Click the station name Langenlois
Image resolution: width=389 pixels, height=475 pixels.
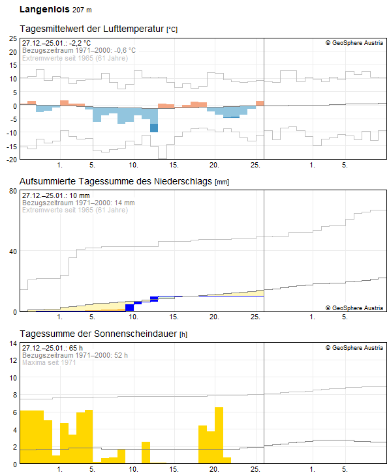44,10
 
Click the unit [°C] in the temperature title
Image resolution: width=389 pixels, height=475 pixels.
172,30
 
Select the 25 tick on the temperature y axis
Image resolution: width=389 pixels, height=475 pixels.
12,38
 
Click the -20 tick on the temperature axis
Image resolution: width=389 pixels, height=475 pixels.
11,160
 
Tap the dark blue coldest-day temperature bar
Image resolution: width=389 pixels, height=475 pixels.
154,128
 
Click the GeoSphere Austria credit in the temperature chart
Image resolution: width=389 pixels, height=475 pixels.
354,43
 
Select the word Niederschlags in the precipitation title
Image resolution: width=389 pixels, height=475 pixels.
185,181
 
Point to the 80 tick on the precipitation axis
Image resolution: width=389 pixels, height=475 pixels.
12,191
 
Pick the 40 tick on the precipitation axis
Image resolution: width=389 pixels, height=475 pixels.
12,252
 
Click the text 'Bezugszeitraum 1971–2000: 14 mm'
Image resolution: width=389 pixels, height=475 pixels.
78,203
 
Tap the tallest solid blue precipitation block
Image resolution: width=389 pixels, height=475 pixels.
129,308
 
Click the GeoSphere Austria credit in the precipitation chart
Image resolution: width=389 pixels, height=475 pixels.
354,308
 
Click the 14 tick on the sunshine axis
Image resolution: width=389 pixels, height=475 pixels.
12,343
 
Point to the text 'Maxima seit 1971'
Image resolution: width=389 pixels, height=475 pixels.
50,362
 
